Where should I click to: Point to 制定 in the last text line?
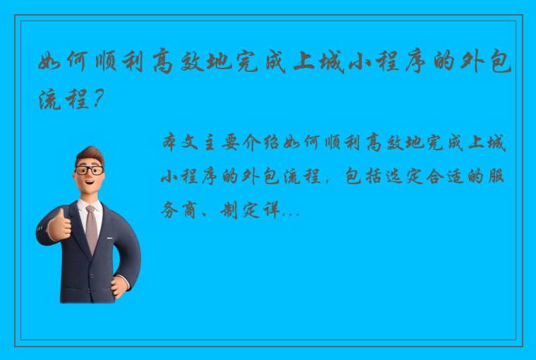point(231,210)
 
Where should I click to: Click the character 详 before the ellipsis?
point(271,210)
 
